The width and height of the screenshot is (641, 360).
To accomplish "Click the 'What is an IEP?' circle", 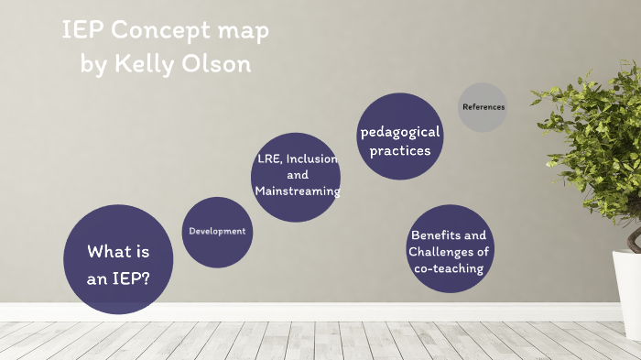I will [x=118, y=260].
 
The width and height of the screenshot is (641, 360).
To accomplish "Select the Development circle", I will [x=217, y=232].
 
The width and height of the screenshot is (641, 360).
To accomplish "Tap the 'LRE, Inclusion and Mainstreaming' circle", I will [x=296, y=176].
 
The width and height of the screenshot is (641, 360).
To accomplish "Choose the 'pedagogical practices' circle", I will [x=400, y=136].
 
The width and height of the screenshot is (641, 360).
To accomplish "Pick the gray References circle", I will [x=483, y=107].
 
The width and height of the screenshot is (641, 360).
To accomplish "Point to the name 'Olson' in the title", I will [x=215, y=65].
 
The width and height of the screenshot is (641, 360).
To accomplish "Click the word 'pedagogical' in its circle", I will [x=400, y=131].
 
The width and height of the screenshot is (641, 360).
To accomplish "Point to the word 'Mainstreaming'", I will [x=298, y=191].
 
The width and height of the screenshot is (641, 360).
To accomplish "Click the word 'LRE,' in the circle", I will [x=268, y=158].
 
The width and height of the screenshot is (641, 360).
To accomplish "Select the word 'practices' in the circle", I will [x=400, y=150].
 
